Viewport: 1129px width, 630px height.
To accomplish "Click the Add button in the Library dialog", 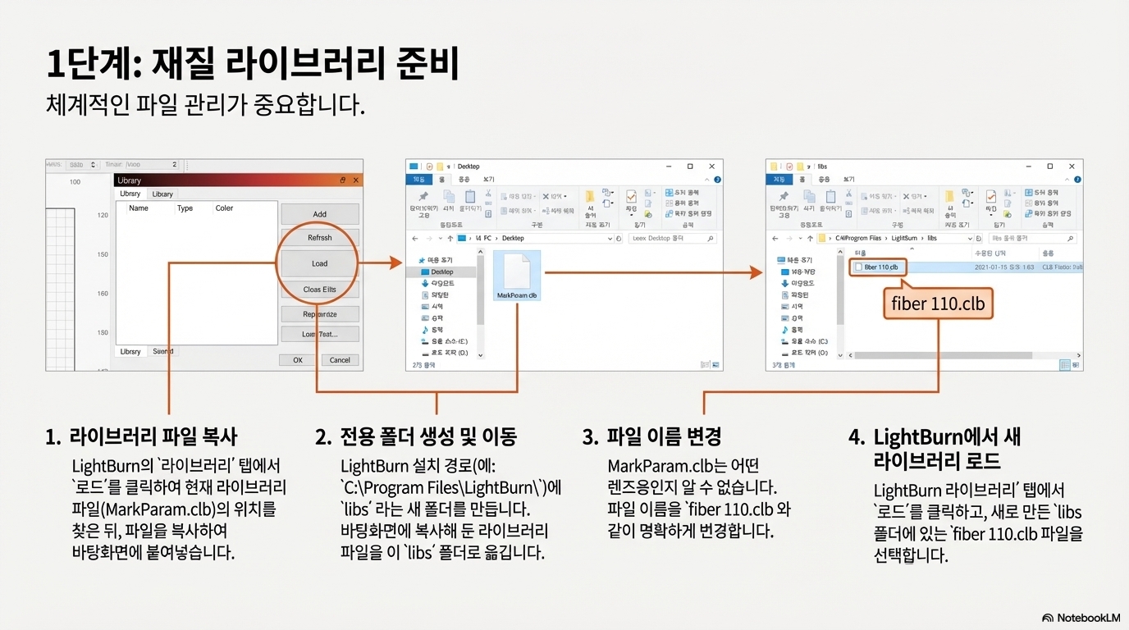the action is (x=320, y=214).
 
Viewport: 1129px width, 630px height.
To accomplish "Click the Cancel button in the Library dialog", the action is (x=340, y=359).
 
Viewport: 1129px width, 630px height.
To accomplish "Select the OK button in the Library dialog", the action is (x=298, y=359).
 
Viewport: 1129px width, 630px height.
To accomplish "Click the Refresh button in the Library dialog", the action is (x=320, y=238).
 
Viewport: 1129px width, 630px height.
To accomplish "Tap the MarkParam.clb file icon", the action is (x=517, y=275).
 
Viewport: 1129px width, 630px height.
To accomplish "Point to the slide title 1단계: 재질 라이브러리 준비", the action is (x=253, y=66).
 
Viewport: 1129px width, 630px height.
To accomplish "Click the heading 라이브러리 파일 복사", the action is (x=153, y=436).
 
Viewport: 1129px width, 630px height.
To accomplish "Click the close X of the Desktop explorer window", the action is (x=712, y=167).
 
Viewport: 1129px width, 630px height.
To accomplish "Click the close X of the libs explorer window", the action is (x=1072, y=167).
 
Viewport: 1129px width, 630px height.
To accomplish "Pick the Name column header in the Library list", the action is (x=139, y=208).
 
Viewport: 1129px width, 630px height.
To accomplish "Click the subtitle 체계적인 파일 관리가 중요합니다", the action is (x=206, y=106).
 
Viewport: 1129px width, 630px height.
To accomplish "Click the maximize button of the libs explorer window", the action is (x=1049, y=167).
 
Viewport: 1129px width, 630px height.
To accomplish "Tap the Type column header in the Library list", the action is (x=185, y=208).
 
